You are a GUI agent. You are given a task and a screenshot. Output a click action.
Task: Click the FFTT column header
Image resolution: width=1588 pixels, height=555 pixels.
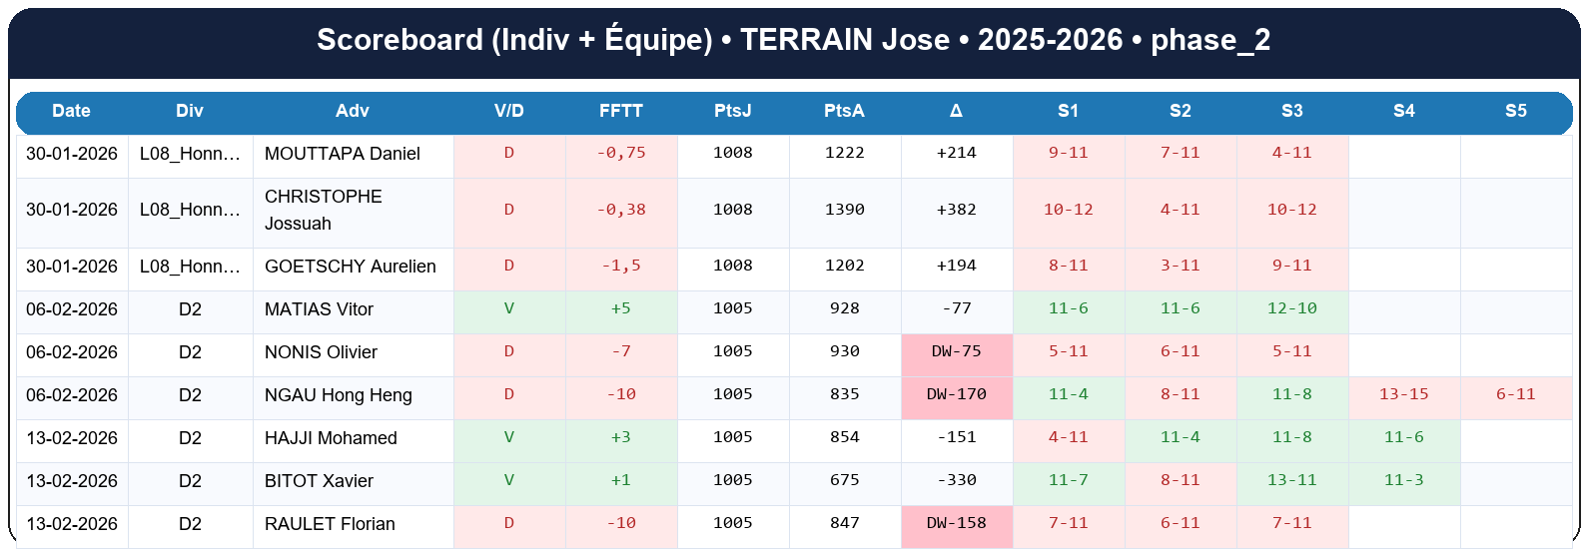tap(620, 111)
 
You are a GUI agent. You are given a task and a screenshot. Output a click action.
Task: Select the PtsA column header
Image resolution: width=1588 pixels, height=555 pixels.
tap(844, 111)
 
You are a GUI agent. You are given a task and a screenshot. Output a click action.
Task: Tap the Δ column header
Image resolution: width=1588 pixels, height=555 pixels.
tap(956, 111)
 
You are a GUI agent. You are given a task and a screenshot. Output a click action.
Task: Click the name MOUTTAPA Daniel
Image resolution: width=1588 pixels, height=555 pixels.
tap(342, 154)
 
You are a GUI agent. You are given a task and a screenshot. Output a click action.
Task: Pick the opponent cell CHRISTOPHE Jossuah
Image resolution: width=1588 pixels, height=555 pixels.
tap(323, 210)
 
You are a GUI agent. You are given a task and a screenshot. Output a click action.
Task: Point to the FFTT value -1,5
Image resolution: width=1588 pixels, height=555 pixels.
tap(621, 266)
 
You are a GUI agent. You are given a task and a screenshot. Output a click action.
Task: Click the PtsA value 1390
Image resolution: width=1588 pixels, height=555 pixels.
tap(844, 210)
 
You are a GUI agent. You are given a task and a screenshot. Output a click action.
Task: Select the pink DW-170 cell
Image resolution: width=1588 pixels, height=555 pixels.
tap(956, 394)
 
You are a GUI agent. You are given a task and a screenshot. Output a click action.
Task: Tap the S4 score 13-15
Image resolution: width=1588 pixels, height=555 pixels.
tap(1403, 394)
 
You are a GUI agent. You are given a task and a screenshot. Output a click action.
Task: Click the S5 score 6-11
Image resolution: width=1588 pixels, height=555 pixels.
tap(1515, 394)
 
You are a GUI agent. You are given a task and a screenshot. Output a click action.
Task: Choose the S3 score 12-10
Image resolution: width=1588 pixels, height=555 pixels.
tap(1291, 308)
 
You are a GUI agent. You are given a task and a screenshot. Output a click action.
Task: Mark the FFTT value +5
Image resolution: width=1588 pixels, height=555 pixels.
tap(621, 308)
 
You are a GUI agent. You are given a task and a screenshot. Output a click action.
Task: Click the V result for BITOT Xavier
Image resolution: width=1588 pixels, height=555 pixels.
tap(509, 480)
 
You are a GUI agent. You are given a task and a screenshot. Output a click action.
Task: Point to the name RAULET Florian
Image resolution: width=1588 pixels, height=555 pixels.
tap(330, 524)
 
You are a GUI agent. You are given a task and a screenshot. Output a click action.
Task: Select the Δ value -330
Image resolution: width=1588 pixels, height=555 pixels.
tap(956, 480)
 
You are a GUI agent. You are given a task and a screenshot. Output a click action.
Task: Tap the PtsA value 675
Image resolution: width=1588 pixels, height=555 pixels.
tap(844, 480)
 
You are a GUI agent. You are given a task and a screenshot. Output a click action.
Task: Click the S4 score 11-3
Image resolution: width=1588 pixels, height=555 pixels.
tap(1403, 480)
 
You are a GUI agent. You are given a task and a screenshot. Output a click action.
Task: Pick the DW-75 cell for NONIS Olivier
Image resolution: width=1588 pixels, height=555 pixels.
tap(956, 351)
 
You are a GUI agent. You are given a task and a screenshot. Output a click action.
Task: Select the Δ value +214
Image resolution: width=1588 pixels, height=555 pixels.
tap(956, 153)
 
